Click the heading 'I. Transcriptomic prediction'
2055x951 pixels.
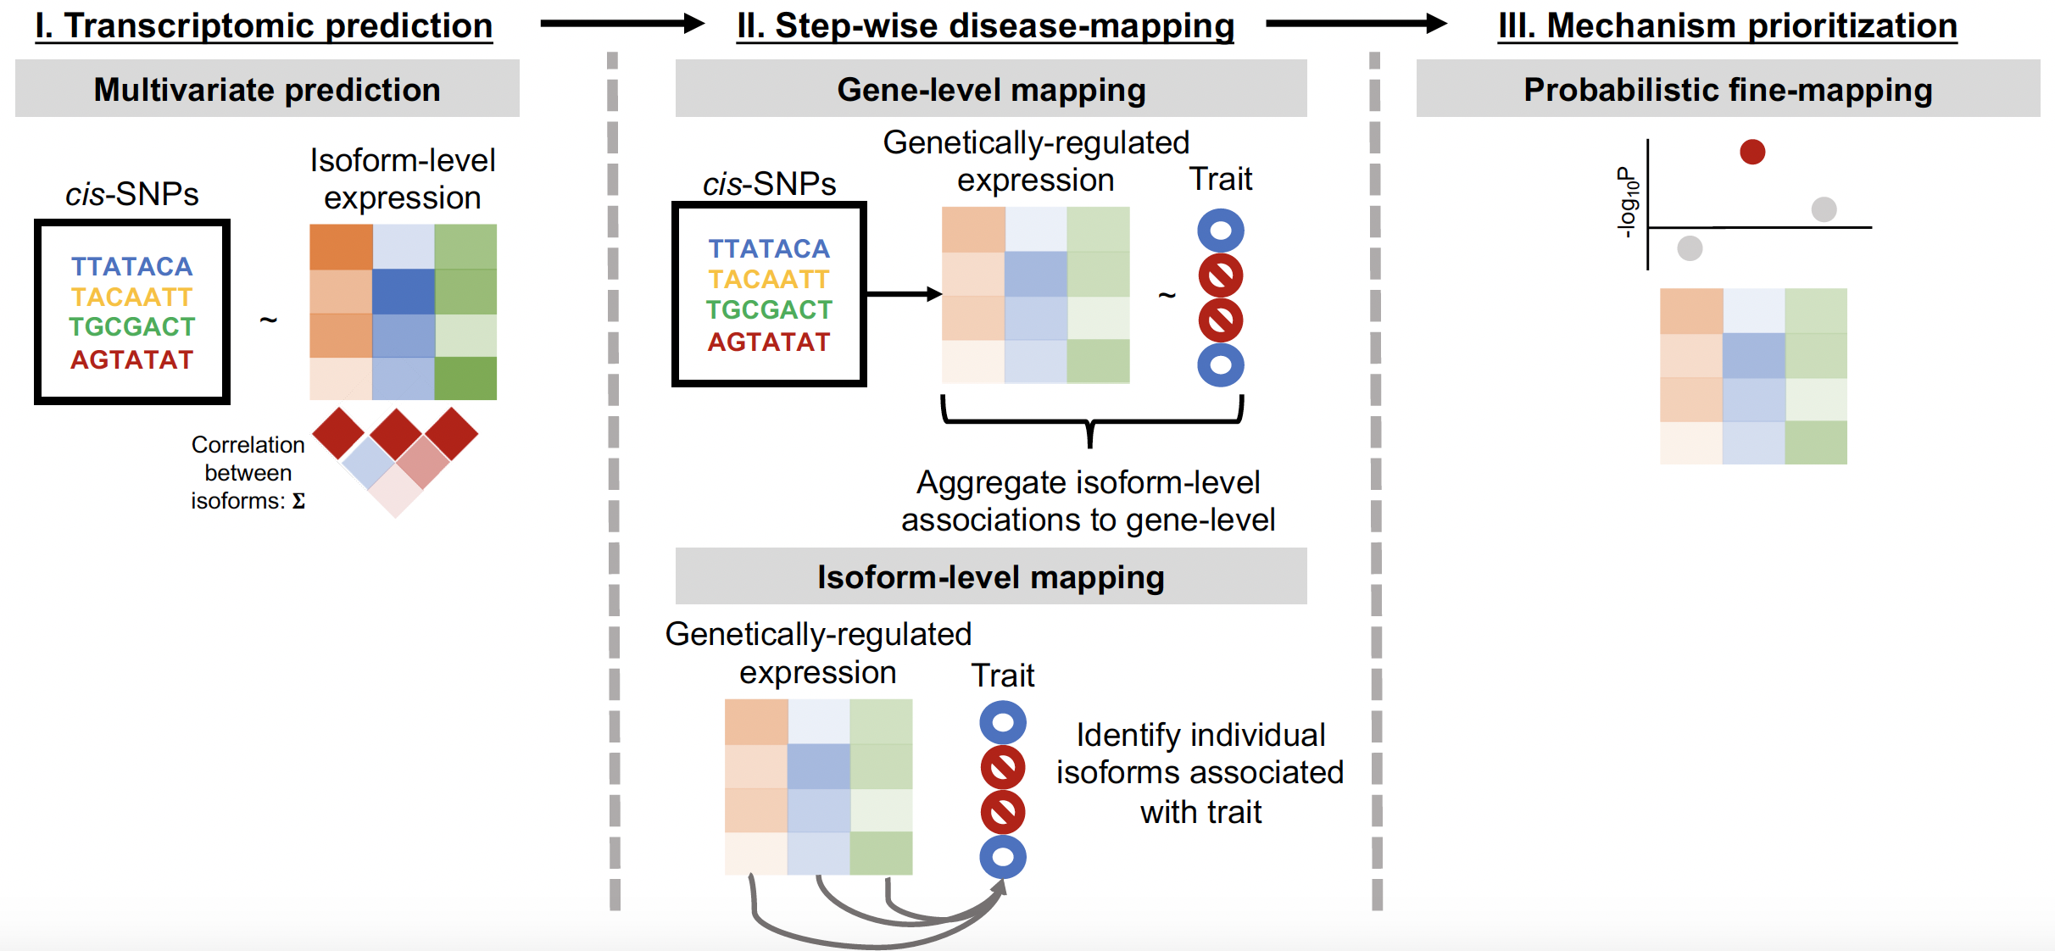point(264,25)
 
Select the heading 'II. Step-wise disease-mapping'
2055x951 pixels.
point(985,25)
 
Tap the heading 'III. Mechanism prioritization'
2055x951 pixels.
point(1727,25)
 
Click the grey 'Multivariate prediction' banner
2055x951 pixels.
point(267,89)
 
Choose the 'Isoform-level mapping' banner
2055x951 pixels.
point(990,576)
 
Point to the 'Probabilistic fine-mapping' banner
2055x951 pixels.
point(1728,89)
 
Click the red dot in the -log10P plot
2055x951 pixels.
point(1752,152)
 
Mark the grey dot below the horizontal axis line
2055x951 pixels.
point(1690,248)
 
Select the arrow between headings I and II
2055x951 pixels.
point(621,24)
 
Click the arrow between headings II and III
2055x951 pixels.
point(1355,24)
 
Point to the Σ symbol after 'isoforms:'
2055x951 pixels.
point(298,501)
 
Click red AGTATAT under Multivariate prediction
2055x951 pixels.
point(131,359)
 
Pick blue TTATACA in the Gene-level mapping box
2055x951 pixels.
point(769,248)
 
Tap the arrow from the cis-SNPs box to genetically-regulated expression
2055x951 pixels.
point(904,294)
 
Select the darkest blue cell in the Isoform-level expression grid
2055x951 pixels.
point(404,292)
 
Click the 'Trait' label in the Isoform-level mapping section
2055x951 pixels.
point(1003,676)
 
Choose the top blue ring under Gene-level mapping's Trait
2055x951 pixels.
point(1221,231)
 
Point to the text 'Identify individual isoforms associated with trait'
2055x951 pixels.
point(1200,772)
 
